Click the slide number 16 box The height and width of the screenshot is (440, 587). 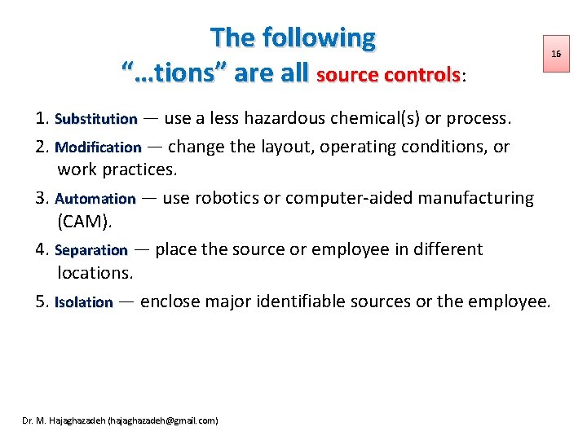[x=556, y=54]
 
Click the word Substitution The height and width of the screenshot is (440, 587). [x=96, y=119]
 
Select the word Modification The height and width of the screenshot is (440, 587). [x=99, y=147]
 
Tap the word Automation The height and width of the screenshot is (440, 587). [x=95, y=198]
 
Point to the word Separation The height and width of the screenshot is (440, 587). [x=91, y=250]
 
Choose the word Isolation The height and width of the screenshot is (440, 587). [x=84, y=302]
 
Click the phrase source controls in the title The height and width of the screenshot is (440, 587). [x=388, y=75]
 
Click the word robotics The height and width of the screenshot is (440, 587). [x=225, y=198]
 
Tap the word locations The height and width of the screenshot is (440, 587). [x=95, y=271]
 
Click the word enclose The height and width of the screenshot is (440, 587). [x=170, y=301]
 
